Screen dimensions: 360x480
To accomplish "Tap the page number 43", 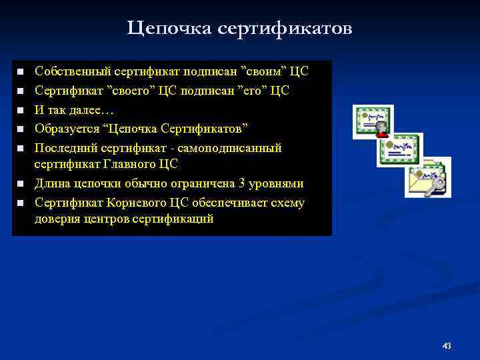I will (447, 345).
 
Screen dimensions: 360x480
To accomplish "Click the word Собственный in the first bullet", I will (72, 71).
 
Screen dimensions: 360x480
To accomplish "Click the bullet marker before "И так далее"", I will (21, 109).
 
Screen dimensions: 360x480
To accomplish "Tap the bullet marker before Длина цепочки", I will (21, 184).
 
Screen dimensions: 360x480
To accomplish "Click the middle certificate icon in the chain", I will (398, 150).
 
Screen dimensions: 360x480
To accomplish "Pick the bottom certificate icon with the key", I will (427, 177).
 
